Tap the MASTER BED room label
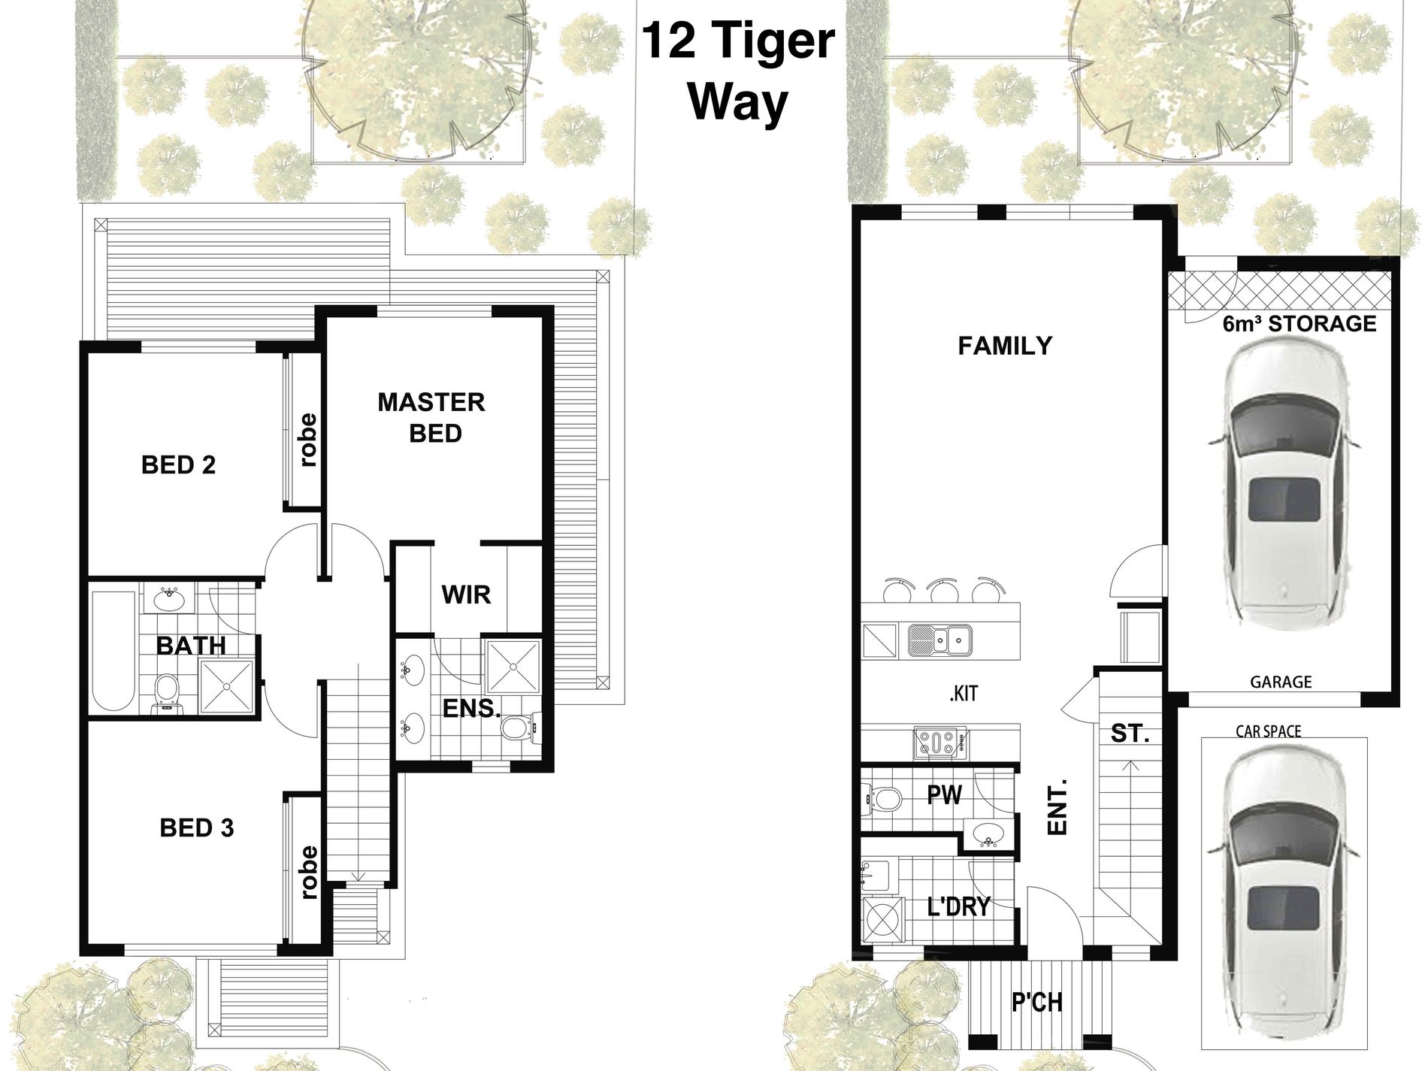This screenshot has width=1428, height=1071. click(431, 418)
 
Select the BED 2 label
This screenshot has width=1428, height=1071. click(178, 465)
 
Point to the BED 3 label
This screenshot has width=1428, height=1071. click(196, 828)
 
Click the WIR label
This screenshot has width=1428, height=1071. click(466, 594)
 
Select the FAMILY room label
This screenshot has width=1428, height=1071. click(1005, 346)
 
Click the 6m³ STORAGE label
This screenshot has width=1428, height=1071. click(1299, 324)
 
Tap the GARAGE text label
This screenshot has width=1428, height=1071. click(1281, 682)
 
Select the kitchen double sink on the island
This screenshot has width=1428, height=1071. click(939, 640)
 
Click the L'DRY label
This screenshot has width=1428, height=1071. click(958, 906)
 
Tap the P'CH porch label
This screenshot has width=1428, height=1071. click(1036, 1003)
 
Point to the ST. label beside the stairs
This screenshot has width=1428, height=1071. click(1130, 733)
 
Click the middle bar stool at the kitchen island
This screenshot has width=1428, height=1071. click(939, 591)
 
